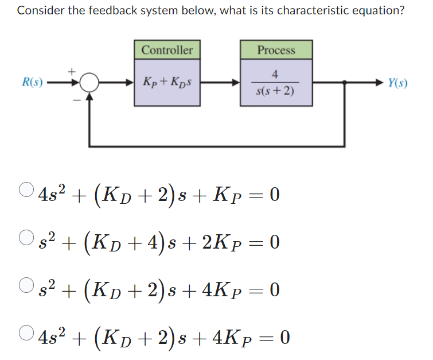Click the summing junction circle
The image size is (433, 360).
click(x=88, y=84)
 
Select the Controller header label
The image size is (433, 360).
click(x=167, y=50)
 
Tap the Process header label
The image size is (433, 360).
click(x=276, y=50)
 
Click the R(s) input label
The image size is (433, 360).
click(x=32, y=83)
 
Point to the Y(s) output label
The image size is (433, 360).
click(x=397, y=83)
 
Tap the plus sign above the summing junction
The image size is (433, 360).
click(x=73, y=71)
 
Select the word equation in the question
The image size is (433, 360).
click(x=375, y=11)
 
